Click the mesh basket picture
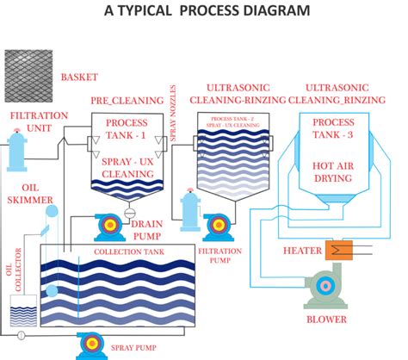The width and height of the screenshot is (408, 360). tap(28, 76)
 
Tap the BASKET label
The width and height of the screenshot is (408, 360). tap(80, 77)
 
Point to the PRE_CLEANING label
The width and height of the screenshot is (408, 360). tap(127, 102)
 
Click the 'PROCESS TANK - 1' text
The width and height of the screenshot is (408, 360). tap(127, 129)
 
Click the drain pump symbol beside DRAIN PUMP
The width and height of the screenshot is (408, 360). tap(109, 225)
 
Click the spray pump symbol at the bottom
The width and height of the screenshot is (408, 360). tap(90, 344)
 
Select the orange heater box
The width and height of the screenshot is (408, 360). tap(335, 251)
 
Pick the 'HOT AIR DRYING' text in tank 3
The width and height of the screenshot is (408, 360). tap(332, 172)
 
